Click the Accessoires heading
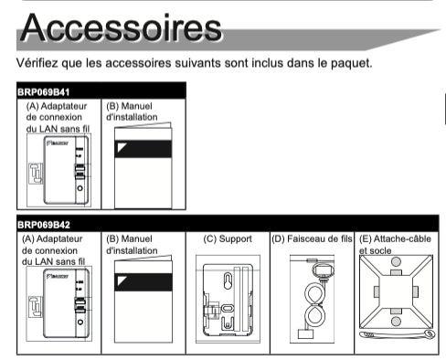(x=121, y=27)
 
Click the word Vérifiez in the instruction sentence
(x=37, y=63)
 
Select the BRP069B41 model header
(x=44, y=92)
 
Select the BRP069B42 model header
(x=44, y=225)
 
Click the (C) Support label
(x=228, y=239)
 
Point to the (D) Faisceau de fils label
(x=312, y=238)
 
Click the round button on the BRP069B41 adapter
(x=80, y=188)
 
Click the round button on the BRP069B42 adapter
(x=80, y=322)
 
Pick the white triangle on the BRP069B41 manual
(x=122, y=147)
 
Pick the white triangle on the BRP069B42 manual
(x=122, y=281)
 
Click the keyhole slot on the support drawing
(x=228, y=281)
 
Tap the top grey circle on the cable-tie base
(x=396, y=261)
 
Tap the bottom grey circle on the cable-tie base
(x=396, y=322)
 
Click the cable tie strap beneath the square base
(x=398, y=334)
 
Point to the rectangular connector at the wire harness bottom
(x=305, y=334)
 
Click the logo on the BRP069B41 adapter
(x=58, y=143)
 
